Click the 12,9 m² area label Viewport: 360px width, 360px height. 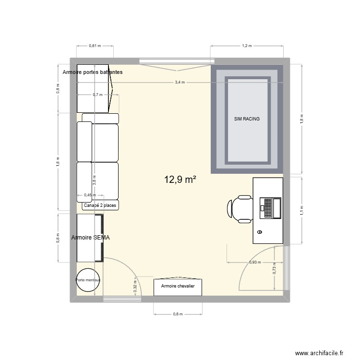point(180,180)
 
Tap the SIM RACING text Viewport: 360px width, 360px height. point(247,119)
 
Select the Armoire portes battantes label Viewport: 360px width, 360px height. point(92,72)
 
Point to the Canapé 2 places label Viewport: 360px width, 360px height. point(100,205)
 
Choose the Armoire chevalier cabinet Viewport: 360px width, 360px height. point(178,287)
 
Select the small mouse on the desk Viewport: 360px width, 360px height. point(260,232)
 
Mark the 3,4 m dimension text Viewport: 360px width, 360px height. point(179,83)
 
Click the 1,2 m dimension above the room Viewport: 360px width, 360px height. point(247,46)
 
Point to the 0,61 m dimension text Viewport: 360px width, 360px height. point(95,46)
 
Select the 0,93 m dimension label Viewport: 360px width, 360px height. point(256,262)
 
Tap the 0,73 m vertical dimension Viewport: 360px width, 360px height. point(274,270)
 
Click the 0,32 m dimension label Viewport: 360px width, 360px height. point(135,287)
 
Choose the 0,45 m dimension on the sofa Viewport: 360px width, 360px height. point(90,195)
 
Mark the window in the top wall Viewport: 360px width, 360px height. point(177,61)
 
